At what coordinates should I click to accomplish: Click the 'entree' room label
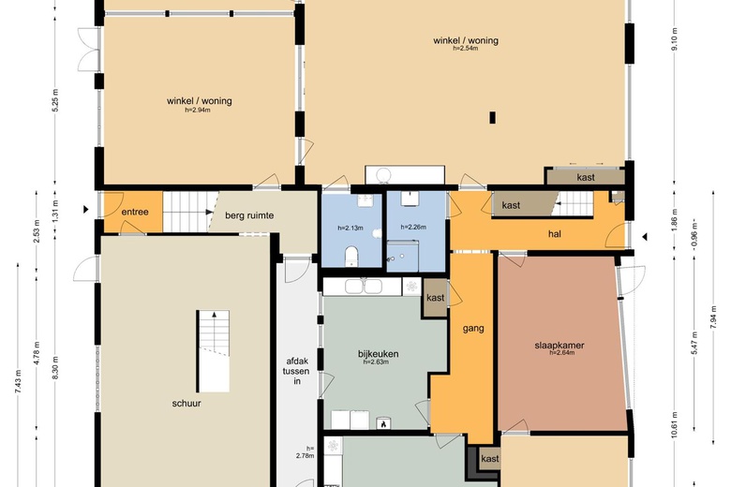(135, 212)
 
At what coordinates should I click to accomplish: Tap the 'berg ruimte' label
(249, 215)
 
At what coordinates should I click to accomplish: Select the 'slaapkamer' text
(559, 346)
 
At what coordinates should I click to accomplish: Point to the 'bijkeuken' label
(378, 354)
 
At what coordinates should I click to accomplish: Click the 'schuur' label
(186, 403)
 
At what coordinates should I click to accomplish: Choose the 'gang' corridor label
(473, 329)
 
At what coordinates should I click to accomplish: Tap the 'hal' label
(555, 234)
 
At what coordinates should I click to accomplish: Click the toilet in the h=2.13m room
(351, 257)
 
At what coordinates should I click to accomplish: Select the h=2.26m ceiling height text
(413, 228)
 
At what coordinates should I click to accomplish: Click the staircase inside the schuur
(213, 350)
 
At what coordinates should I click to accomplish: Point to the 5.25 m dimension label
(55, 100)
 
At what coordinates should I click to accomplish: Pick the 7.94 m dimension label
(713, 317)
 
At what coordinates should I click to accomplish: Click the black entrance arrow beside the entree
(86, 209)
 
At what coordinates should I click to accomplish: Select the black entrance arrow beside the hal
(645, 237)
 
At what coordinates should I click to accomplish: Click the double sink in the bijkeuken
(364, 287)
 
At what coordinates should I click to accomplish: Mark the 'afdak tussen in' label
(297, 371)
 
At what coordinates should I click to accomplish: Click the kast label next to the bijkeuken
(436, 297)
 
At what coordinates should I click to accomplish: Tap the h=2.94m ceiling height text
(198, 111)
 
